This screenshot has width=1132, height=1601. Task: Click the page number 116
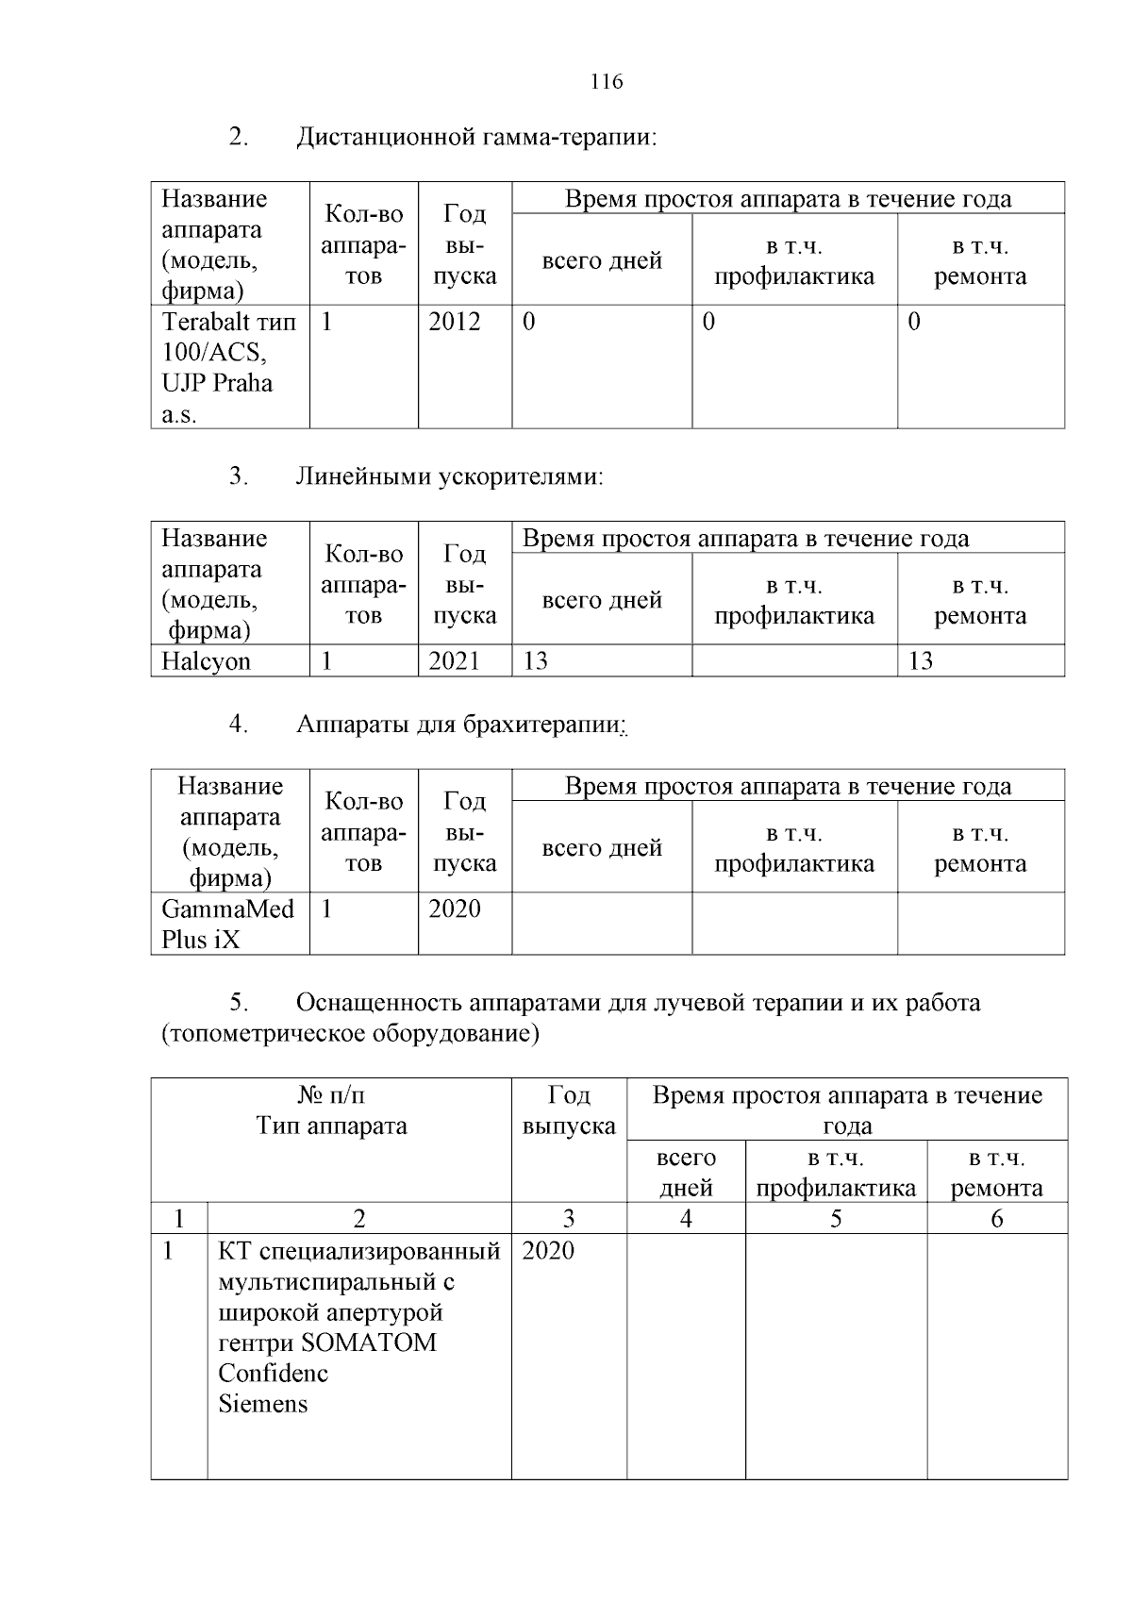[607, 82]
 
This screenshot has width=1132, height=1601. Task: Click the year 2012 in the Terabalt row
[454, 322]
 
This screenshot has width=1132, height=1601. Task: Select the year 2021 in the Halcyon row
[454, 660]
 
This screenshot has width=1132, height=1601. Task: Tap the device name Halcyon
[206, 660]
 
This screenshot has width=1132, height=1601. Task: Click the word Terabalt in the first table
[201, 322]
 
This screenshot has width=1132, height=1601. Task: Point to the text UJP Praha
[217, 383]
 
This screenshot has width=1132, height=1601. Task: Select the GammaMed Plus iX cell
[227, 924]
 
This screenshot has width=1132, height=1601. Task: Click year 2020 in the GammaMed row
[454, 909]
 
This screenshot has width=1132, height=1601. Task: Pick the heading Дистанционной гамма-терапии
[475, 138]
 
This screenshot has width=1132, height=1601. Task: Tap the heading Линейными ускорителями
[449, 476]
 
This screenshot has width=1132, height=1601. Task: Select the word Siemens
[262, 1404]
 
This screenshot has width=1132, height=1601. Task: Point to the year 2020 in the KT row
[547, 1251]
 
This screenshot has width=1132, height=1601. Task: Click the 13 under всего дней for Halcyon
[535, 660]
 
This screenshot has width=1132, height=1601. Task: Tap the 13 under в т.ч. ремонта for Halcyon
[920, 660]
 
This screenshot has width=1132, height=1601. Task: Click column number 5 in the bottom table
[835, 1219]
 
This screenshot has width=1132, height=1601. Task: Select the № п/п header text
[331, 1095]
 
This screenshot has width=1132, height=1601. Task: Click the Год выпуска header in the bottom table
[568, 1110]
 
